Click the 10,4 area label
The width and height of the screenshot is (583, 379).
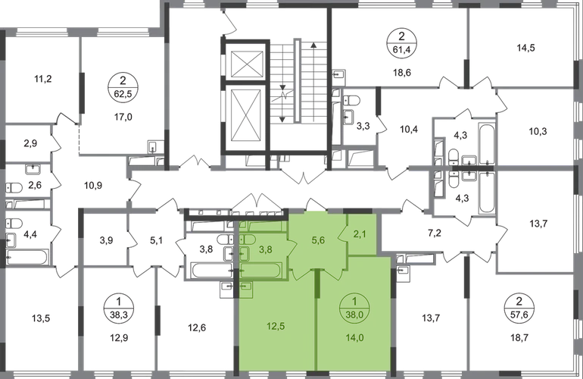[x=410, y=129]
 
